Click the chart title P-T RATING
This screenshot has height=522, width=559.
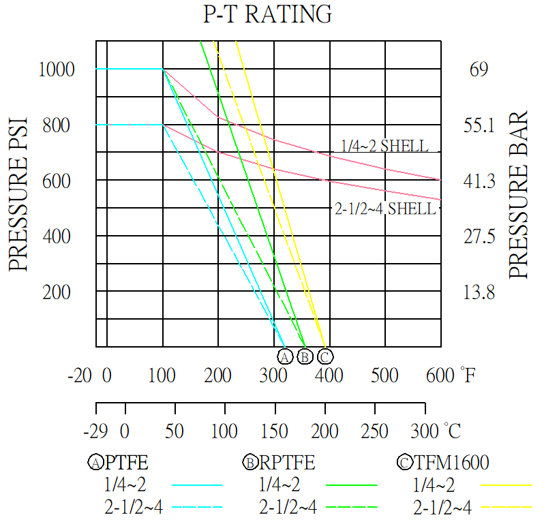click(x=268, y=14)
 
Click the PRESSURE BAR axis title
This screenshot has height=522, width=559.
click(x=519, y=194)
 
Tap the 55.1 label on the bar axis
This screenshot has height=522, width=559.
click(x=481, y=125)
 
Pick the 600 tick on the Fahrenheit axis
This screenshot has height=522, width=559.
click(x=440, y=375)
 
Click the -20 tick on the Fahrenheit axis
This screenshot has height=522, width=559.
click(x=80, y=375)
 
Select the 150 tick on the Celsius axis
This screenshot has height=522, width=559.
click(x=275, y=431)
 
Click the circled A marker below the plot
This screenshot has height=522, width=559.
click(x=285, y=356)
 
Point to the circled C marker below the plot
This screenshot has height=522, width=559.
click(x=325, y=356)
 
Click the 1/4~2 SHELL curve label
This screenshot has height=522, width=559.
click(x=385, y=146)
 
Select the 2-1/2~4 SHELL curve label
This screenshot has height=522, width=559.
click(x=385, y=209)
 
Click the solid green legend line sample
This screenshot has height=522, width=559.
click(x=351, y=485)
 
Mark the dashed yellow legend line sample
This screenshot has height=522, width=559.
click(x=506, y=507)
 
